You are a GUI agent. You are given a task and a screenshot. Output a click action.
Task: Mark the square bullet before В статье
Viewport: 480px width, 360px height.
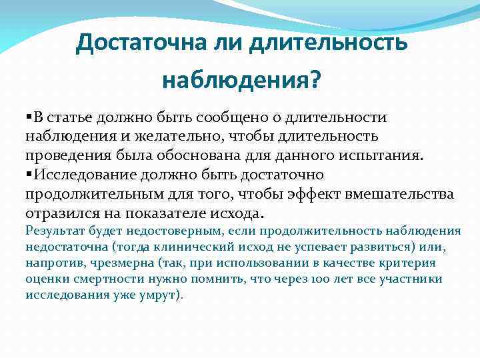point(29,118)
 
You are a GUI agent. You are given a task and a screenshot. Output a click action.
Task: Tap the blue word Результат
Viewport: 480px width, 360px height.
point(51,231)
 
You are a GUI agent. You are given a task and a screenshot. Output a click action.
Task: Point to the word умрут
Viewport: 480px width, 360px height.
point(161,295)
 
